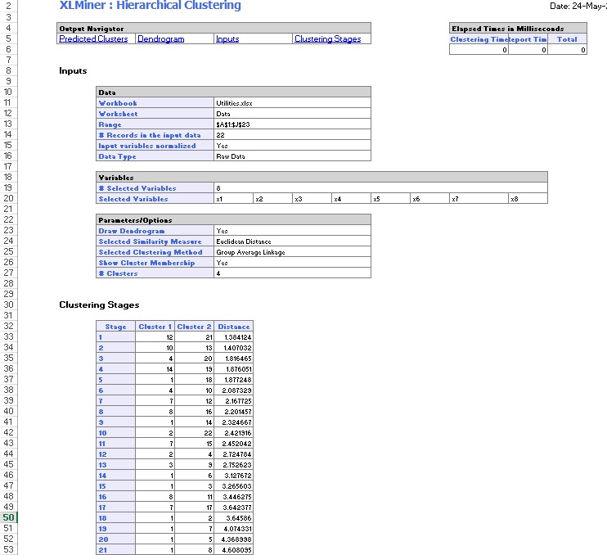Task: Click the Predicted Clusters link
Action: (x=93, y=39)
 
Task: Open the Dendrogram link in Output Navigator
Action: (x=160, y=39)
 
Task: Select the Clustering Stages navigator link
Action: (x=327, y=39)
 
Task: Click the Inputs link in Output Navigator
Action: (x=227, y=39)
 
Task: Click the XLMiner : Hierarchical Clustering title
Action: (x=151, y=6)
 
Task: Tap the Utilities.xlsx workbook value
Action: (x=234, y=103)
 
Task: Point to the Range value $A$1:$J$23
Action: (x=232, y=124)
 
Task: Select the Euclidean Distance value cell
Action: (x=243, y=241)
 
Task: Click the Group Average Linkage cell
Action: (x=250, y=252)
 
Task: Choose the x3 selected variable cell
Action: (x=299, y=199)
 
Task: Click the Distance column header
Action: (x=233, y=327)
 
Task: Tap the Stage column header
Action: (x=116, y=327)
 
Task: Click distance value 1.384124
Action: (x=236, y=337)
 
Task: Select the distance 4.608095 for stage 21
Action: (x=236, y=550)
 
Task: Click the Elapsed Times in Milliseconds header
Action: (x=507, y=29)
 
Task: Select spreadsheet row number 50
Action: (x=8, y=517)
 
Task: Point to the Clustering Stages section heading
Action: (x=99, y=305)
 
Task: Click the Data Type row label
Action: (x=117, y=156)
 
